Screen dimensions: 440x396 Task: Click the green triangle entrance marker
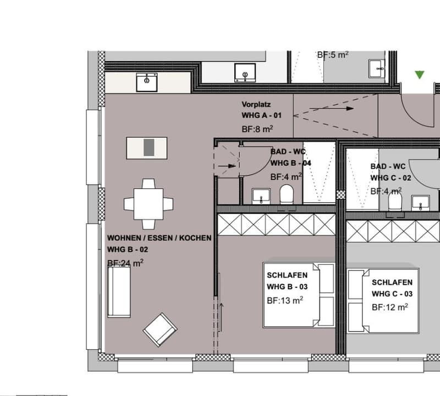420,75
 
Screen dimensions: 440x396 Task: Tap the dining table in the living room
148,204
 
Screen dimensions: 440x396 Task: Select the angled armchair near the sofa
160,330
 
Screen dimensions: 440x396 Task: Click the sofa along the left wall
119,292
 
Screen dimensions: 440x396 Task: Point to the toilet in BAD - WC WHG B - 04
287,194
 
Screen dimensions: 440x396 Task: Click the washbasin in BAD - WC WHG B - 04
261,196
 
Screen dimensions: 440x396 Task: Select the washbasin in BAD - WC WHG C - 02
420,203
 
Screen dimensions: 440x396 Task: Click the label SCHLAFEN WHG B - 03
287,281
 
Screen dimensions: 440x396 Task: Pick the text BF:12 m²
390,307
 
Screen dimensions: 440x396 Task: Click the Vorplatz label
256,105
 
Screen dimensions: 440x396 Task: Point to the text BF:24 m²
125,263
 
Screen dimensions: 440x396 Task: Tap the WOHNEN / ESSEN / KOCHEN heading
159,238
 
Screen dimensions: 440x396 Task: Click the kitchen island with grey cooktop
147,148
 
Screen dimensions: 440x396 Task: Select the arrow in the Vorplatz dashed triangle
332,109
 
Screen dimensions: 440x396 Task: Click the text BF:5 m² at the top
333,55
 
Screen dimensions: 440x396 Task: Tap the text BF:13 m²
285,300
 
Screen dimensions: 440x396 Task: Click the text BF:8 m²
257,129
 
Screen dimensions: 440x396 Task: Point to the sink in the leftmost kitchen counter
147,82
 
